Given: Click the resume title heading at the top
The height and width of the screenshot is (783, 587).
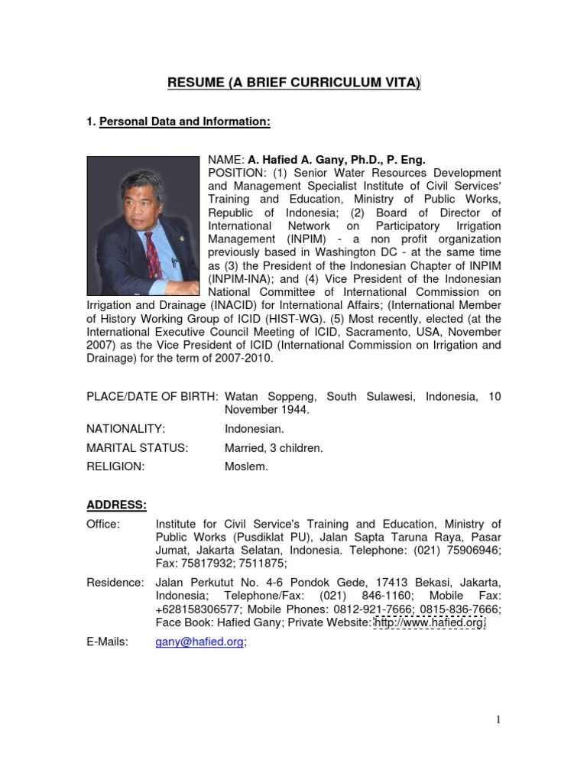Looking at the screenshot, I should click(293, 83).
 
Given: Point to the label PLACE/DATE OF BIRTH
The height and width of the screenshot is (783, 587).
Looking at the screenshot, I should click(152, 397).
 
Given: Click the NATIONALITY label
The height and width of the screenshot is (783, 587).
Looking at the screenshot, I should click(125, 430).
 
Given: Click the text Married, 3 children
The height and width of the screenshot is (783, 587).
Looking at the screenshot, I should click(274, 448).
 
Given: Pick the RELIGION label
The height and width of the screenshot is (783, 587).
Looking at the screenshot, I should click(115, 466).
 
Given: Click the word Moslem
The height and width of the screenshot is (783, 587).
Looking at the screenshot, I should click(246, 466).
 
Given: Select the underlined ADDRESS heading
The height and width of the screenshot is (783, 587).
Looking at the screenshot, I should click(117, 505).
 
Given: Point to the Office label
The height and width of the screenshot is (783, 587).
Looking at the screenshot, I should click(103, 524).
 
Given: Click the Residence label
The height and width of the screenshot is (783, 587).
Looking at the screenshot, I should click(115, 583).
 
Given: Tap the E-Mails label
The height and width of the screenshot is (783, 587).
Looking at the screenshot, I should click(107, 642).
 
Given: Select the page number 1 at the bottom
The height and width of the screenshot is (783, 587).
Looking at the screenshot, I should click(498, 719).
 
